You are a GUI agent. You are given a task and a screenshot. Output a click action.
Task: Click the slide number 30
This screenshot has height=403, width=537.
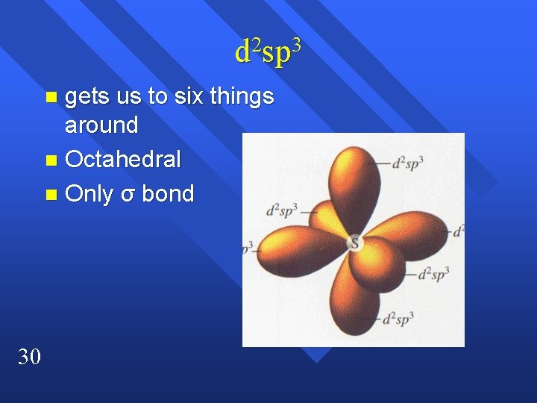pos(29,357)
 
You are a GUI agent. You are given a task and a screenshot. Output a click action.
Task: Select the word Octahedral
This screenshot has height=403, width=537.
pos(122,160)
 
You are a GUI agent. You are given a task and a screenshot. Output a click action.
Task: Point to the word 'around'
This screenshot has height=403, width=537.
pos(101,125)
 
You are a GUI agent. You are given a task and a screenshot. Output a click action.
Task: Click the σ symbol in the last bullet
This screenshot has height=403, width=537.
pos(128,195)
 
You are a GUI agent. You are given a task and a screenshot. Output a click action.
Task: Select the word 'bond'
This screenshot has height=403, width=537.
pos(168,194)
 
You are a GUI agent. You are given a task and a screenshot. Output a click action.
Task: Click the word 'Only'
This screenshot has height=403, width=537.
pos(89,194)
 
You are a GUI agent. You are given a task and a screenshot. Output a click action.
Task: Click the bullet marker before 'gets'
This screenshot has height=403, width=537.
pos(50,98)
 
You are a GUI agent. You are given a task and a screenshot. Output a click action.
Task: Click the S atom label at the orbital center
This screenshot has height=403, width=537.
pos(354,243)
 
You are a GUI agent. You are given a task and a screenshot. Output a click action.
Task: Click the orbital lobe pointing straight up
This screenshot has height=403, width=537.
pos(351,179)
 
